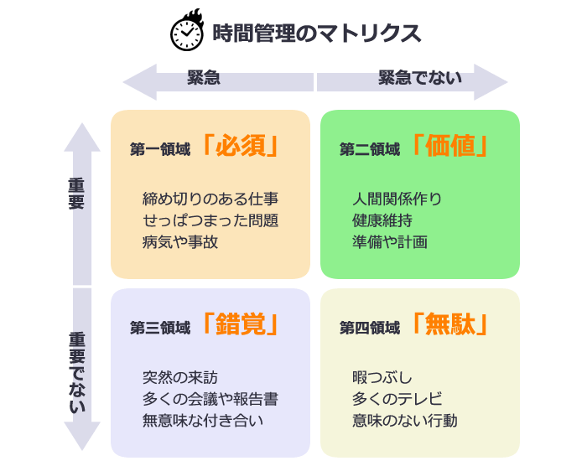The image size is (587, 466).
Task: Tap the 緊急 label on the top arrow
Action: (203, 80)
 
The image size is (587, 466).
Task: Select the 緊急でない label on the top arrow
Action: (420, 80)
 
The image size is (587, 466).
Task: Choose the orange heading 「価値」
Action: (450, 147)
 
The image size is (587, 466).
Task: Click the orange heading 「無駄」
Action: (450, 324)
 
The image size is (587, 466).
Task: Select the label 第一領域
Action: (160, 149)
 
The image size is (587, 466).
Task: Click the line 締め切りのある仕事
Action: (210, 199)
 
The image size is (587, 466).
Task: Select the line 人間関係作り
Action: (397, 199)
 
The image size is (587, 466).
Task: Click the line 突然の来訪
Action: (180, 377)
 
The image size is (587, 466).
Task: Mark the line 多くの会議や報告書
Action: (210, 398)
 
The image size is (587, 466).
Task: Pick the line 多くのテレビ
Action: (397, 398)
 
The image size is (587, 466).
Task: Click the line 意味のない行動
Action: (405, 420)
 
